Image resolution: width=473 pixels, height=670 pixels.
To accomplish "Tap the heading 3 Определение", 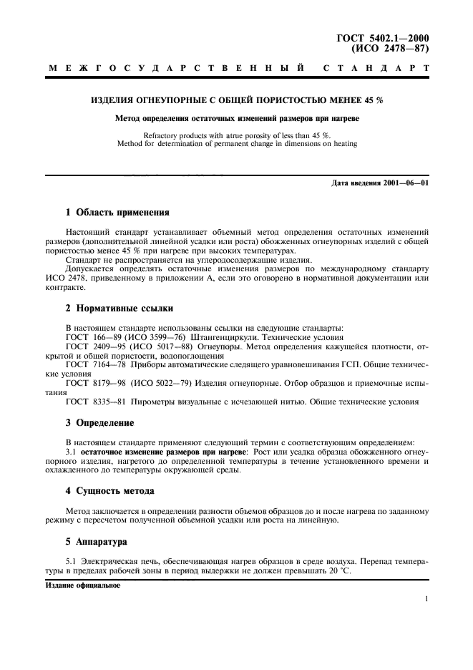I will (x=99, y=422).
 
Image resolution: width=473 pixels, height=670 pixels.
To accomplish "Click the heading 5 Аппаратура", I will (x=96, y=542).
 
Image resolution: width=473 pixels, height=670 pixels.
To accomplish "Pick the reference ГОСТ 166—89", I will (x=91, y=336).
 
